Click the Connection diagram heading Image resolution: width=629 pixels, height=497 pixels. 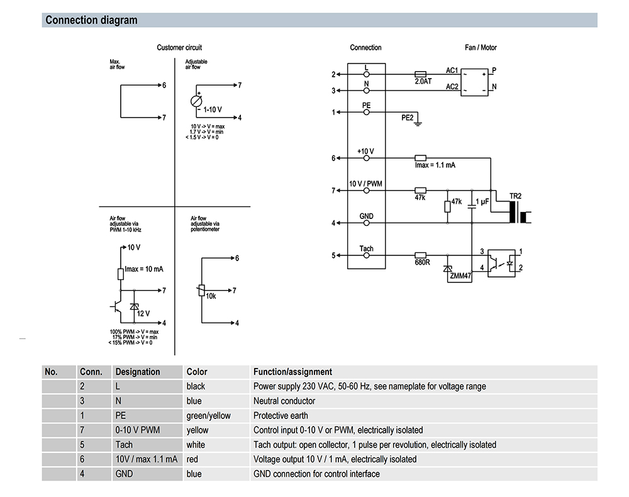pyautogui.click(x=91, y=20)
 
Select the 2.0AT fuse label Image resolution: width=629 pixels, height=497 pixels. pyautogui.click(x=423, y=82)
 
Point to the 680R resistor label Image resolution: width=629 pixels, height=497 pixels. pyautogui.click(x=421, y=262)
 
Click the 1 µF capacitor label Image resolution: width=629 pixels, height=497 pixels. pyautogui.click(x=482, y=201)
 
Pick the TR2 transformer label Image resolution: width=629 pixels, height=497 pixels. pyautogui.click(x=515, y=196)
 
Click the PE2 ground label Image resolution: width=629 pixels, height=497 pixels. pyautogui.click(x=408, y=118)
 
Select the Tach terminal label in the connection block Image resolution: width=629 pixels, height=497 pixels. pyautogui.click(x=366, y=248)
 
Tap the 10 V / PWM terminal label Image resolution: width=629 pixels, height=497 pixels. pyautogui.click(x=365, y=184)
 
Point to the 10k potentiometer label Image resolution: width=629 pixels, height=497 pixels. pyautogui.click(x=211, y=296)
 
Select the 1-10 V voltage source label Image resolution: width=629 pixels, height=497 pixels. pyautogui.click(x=213, y=109)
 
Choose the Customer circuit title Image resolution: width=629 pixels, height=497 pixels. pyautogui.click(x=179, y=48)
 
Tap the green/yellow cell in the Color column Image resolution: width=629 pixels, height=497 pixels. pyautogui.click(x=209, y=415)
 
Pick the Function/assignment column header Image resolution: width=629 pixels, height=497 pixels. pyautogui.click(x=292, y=372)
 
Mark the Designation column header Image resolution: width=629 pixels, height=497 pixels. pyautogui.click(x=138, y=372)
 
